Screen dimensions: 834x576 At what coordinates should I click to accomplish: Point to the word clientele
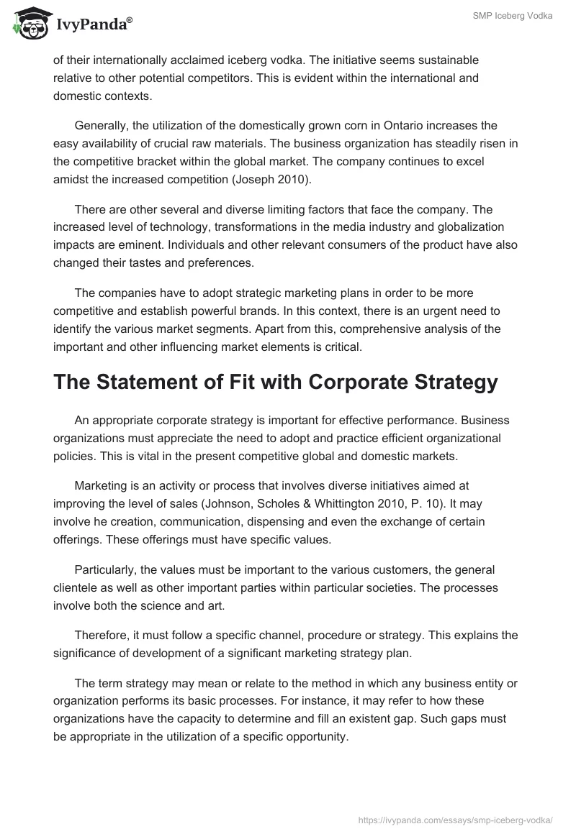coord(78,587)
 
